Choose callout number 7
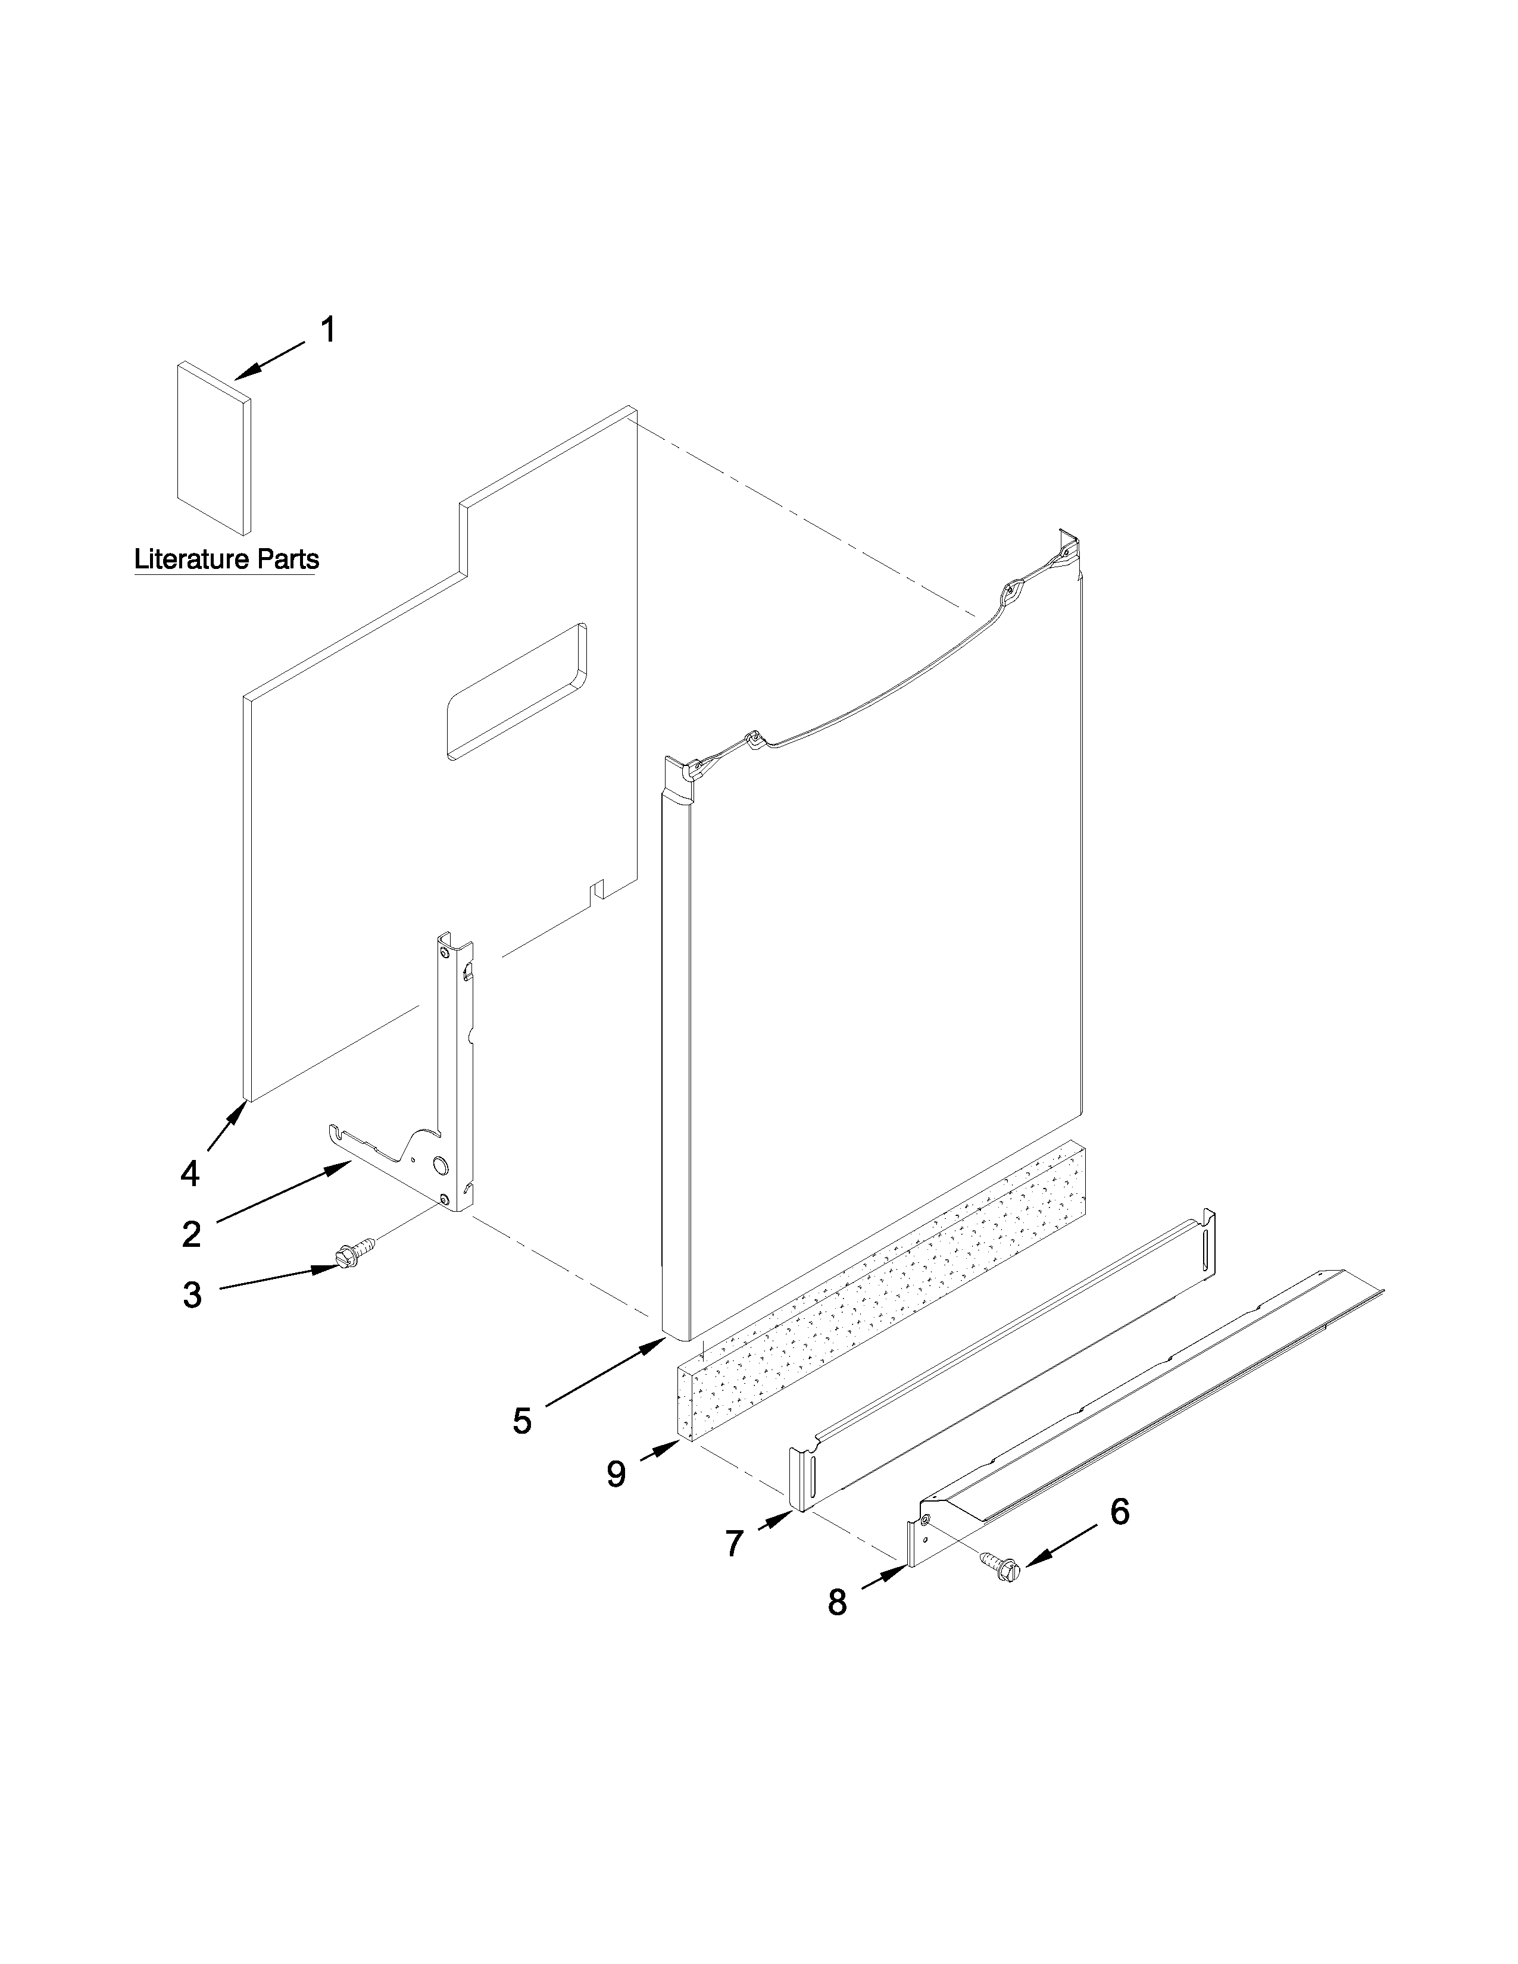click(x=734, y=1544)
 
